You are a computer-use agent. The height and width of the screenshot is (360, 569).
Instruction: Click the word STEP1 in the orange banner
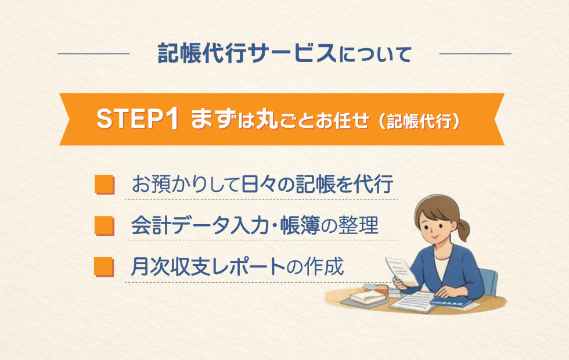[138, 118]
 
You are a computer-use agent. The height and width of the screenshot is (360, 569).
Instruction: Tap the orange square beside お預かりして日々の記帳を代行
[105, 185]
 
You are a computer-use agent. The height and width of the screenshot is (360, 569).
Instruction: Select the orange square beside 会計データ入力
[104, 226]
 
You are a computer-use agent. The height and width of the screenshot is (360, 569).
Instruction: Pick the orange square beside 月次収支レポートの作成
[104, 267]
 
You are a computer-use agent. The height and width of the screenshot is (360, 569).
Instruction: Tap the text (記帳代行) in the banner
[419, 121]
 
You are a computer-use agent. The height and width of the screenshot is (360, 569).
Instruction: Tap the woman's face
[434, 228]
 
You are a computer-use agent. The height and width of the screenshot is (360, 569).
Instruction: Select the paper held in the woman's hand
[401, 271]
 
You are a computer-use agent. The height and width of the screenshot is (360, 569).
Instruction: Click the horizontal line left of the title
[93, 53]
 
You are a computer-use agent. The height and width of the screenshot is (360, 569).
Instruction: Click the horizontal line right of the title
[476, 53]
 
